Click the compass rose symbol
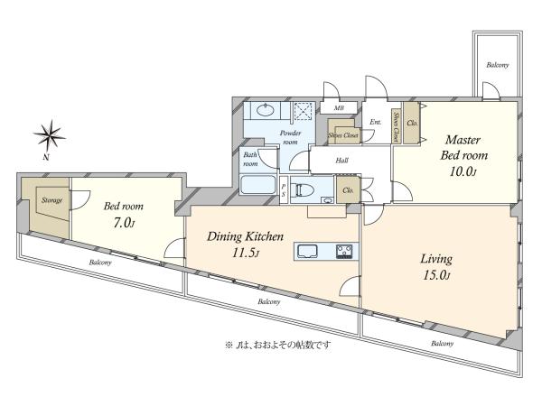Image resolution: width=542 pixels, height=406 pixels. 50,135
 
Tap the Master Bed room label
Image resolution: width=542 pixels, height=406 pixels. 464,147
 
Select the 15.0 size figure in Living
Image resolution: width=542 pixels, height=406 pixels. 436,275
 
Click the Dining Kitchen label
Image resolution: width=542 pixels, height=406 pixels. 245,236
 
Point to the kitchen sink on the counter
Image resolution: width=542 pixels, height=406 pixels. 308,252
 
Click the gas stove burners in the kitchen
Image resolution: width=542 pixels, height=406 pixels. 345,252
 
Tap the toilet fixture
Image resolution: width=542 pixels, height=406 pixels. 303,189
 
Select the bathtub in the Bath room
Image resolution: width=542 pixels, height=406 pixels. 257,185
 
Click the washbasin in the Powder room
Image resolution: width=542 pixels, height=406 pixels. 266,110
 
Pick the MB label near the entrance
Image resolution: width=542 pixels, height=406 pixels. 339,108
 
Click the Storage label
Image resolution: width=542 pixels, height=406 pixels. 51,200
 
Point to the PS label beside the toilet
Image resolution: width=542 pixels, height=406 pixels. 284,190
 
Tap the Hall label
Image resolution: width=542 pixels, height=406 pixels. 341,161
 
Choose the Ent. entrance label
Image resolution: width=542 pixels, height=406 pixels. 376,122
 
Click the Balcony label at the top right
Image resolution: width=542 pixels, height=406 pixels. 498,65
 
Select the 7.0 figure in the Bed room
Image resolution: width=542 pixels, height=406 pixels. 124,223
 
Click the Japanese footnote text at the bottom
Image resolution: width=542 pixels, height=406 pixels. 278,345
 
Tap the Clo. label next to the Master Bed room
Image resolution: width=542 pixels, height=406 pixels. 413,123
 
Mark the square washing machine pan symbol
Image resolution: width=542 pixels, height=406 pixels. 304,112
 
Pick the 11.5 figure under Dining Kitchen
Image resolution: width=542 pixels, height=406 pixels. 245,254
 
